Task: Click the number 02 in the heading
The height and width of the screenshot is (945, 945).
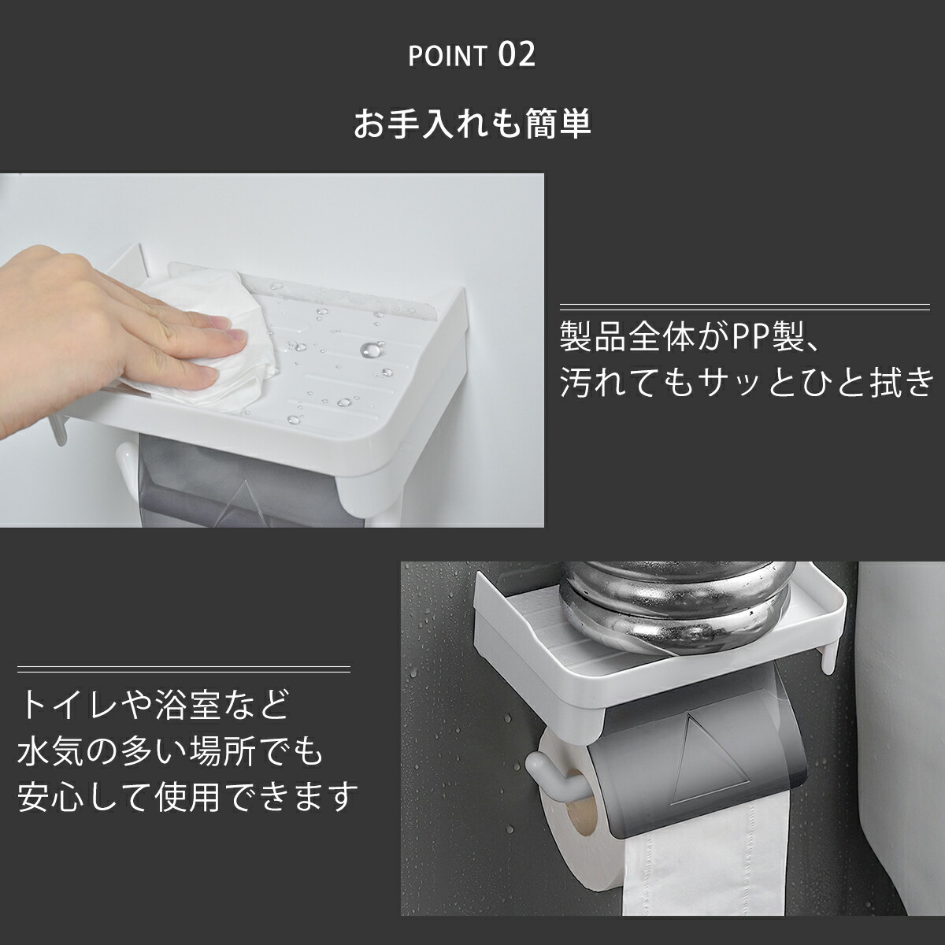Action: point(517,54)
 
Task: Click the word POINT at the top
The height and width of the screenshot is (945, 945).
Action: point(447,57)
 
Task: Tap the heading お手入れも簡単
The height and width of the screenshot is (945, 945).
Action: point(472,124)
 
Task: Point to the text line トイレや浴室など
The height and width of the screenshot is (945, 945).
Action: point(155,705)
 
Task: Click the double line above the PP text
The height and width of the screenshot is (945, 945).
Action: point(744,307)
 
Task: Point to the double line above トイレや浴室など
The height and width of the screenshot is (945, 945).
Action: point(184,669)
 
